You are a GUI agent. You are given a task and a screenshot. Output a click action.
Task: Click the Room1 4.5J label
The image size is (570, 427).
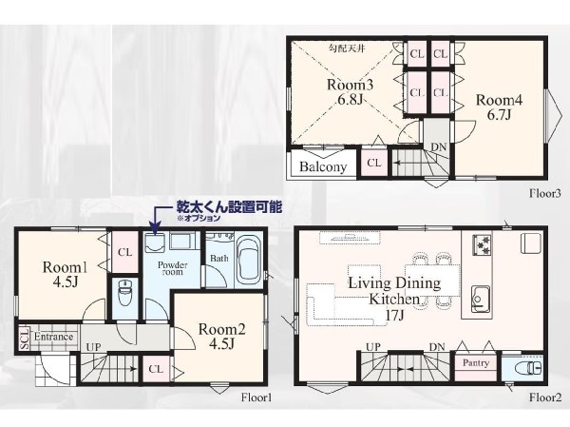[x=65, y=275]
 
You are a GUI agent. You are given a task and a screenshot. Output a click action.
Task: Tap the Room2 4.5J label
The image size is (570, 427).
[x=221, y=336]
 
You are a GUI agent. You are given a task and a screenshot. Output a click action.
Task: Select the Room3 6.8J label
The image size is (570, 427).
[x=350, y=91]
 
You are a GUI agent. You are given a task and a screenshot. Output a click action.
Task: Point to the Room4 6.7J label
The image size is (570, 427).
[x=499, y=107]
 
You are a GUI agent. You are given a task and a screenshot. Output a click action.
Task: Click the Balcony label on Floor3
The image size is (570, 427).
[x=323, y=166]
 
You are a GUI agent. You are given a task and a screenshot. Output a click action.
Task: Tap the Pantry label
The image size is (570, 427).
[x=476, y=363]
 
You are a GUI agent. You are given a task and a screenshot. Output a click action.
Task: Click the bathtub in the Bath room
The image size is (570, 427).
[x=249, y=261]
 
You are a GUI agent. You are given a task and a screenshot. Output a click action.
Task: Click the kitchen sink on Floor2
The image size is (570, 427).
[x=481, y=299]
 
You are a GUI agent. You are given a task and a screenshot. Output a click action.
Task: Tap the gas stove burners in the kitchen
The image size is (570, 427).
[x=482, y=244]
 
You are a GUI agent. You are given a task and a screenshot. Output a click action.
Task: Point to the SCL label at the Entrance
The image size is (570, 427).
[x=25, y=339]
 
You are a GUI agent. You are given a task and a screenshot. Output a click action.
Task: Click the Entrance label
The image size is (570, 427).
[x=54, y=337]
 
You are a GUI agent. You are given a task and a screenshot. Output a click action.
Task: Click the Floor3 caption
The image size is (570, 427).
[x=545, y=193]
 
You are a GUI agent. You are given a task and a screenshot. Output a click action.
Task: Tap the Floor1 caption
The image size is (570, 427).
[x=256, y=398]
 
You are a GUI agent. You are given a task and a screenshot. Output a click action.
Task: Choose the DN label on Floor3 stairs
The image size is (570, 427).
[x=439, y=147]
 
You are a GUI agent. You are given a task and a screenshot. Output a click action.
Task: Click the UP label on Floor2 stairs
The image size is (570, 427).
[x=373, y=347]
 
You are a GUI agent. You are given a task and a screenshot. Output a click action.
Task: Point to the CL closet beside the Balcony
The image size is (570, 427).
[x=374, y=163]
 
